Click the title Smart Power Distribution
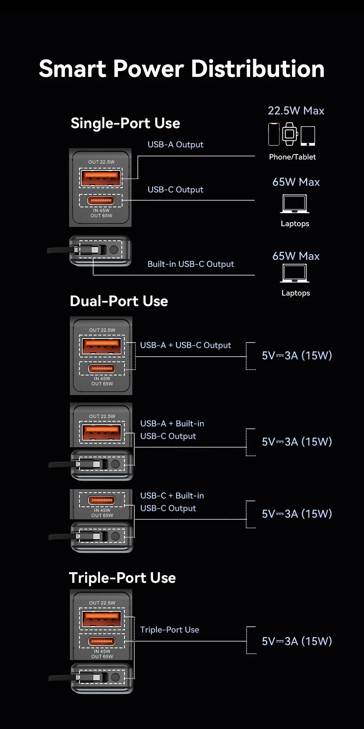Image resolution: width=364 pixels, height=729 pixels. (182, 69)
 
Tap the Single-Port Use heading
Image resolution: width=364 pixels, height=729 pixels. (125, 123)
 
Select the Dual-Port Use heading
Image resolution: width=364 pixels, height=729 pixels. (119, 301)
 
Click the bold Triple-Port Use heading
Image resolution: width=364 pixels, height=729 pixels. (122, 578)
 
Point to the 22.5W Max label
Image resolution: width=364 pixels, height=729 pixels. (296, 111)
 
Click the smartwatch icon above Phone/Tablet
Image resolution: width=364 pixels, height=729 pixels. (290, 134)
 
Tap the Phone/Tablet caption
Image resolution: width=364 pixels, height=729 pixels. (292, 157)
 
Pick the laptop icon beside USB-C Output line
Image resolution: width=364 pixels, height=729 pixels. (295, 204)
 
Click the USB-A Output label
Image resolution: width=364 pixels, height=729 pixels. (175, 145)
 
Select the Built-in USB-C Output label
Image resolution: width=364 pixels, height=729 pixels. (191, 264)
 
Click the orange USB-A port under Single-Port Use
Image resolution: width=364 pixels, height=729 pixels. (101, 178)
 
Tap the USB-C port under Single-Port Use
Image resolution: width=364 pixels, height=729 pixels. (101, 201)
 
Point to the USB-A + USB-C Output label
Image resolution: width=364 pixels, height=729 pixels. (186, 345)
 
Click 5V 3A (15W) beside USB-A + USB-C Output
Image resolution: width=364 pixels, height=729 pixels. (297, 355)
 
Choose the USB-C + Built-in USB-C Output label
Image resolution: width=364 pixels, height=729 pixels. (172, 502)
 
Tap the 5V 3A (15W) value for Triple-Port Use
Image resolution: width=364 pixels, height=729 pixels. (297, 641)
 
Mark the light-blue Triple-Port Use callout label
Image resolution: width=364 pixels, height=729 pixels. (169, 630)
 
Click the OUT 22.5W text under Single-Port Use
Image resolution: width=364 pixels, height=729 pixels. (101, 162)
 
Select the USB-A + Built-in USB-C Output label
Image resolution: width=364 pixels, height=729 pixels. (172, 430)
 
